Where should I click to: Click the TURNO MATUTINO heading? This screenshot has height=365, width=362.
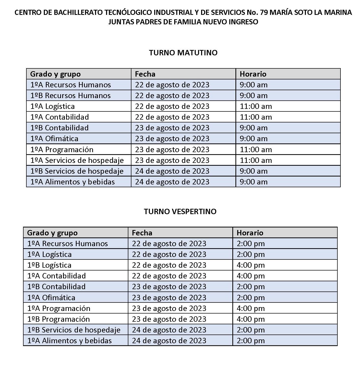[183, 53]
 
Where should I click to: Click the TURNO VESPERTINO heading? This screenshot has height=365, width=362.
[180, 212]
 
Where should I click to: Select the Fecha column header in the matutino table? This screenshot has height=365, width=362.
[145, 74]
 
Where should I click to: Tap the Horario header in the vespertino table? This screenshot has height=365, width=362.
[250, 233]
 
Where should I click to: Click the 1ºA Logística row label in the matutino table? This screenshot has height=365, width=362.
[52, 106]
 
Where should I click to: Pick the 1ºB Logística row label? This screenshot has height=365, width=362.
[49, 265]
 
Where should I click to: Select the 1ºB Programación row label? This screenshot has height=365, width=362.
[58, 319]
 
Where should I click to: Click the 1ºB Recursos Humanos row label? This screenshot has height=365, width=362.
[70, 96]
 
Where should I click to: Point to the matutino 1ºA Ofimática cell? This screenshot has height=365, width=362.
[54, 139]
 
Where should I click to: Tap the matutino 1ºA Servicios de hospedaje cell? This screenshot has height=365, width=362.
[77, 160]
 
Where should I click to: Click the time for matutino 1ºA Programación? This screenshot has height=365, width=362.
[256, 150]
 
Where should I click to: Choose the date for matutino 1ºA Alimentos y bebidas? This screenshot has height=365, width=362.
[172, 182]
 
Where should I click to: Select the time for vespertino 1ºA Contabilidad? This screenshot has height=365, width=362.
[251, 276]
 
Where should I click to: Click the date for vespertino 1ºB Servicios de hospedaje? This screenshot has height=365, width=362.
[169, 330]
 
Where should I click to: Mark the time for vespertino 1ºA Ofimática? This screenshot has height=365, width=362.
[251, 298]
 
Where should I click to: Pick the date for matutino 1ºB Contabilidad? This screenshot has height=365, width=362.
[172, 128]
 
